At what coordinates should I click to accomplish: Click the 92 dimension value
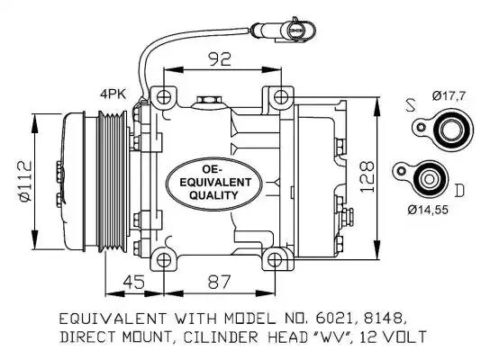click(221, 58)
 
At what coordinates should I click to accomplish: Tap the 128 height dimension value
click(367, 176)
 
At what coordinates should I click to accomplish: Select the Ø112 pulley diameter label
click(25, 181)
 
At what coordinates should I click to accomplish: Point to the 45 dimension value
click(133, 282)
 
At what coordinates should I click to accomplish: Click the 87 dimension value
click(219, 282)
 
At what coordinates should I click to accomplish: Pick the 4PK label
click(113, 94)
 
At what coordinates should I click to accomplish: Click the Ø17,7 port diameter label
click(449, 95)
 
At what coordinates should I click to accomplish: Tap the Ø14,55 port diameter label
click(428, 210)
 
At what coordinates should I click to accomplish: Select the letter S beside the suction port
click(411, 105)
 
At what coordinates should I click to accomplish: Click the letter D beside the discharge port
click(459, 191)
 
